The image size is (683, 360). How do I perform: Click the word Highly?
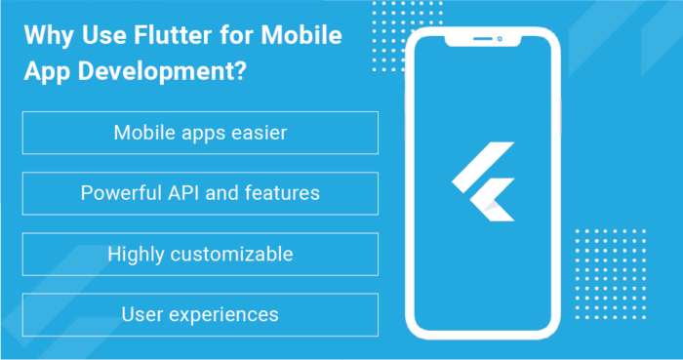(135, 254)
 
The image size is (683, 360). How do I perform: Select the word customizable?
(231, 254)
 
